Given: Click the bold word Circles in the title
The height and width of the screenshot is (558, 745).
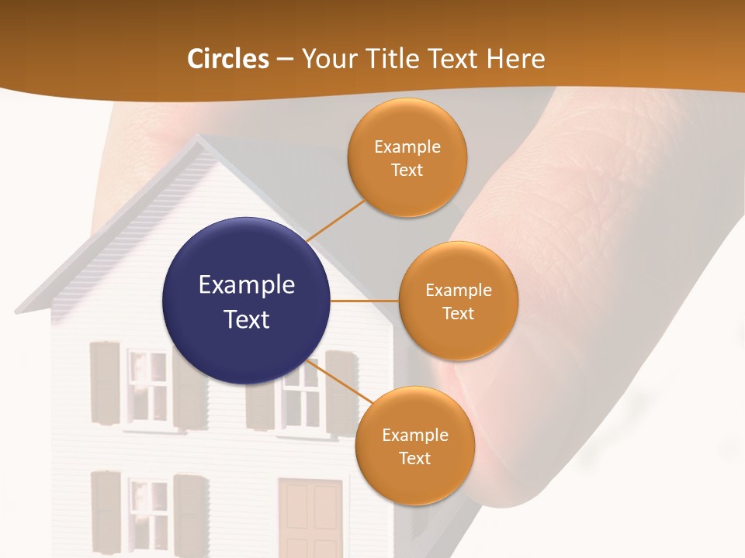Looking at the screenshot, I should [x=228, y=59].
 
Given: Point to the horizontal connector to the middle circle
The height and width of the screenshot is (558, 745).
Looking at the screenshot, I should [x=365, y=301].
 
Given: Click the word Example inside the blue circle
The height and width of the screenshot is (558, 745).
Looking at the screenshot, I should [x=247, y=285].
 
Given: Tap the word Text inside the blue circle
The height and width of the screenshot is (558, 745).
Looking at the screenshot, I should [x=247, y=319].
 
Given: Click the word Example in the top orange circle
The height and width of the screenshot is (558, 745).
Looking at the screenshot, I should [x=407, y=147].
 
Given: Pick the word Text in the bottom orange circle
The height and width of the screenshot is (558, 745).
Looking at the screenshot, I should [x=414, y=458].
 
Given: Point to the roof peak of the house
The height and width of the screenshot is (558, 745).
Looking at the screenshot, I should [x=198, y=139].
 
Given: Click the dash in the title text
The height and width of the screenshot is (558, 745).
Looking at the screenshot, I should [x=285, y=60].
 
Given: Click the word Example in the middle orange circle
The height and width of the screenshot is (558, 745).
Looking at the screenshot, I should [x=458, y=291].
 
